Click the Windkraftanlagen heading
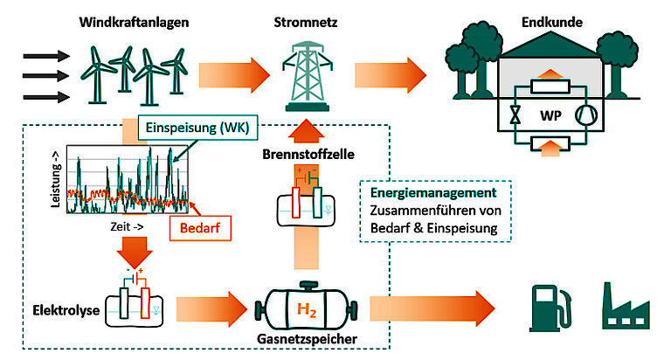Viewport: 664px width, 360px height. tap(134, 23)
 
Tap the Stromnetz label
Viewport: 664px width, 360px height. tap(305, 23)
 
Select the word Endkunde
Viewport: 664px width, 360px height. tap(552, 23)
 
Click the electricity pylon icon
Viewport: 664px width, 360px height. tap(308, 76)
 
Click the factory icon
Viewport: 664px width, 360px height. tap(626, 306)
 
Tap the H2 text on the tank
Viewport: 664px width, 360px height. tap(307, 309)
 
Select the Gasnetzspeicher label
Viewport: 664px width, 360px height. tap(307, 339)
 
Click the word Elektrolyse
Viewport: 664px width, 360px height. tap(66, 310)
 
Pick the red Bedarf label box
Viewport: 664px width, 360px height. tap(200, 228)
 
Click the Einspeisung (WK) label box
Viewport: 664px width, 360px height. tap(197, 128)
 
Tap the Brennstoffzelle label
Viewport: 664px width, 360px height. tap(308, 154)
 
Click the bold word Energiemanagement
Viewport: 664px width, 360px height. tap(433, 193)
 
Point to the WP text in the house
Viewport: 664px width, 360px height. tap(550, 115)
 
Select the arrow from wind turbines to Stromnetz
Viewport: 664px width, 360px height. tap(234, 75)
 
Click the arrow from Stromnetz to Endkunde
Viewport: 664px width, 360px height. tap(391, 75)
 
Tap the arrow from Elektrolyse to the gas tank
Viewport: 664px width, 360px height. tap(211, 309)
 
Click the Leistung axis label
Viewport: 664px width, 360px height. tap(55, 179)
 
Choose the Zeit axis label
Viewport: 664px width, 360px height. tap(127, 227)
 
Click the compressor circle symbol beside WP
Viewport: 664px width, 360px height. tap(586, 114)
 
